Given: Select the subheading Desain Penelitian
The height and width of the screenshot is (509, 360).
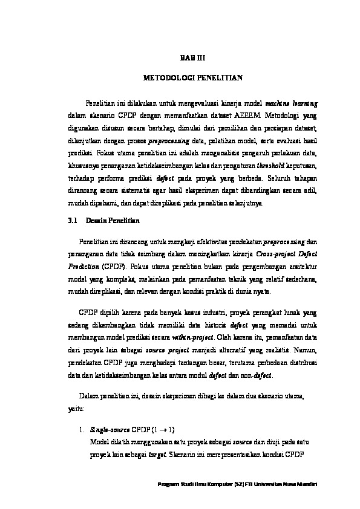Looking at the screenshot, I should point(113,222).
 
